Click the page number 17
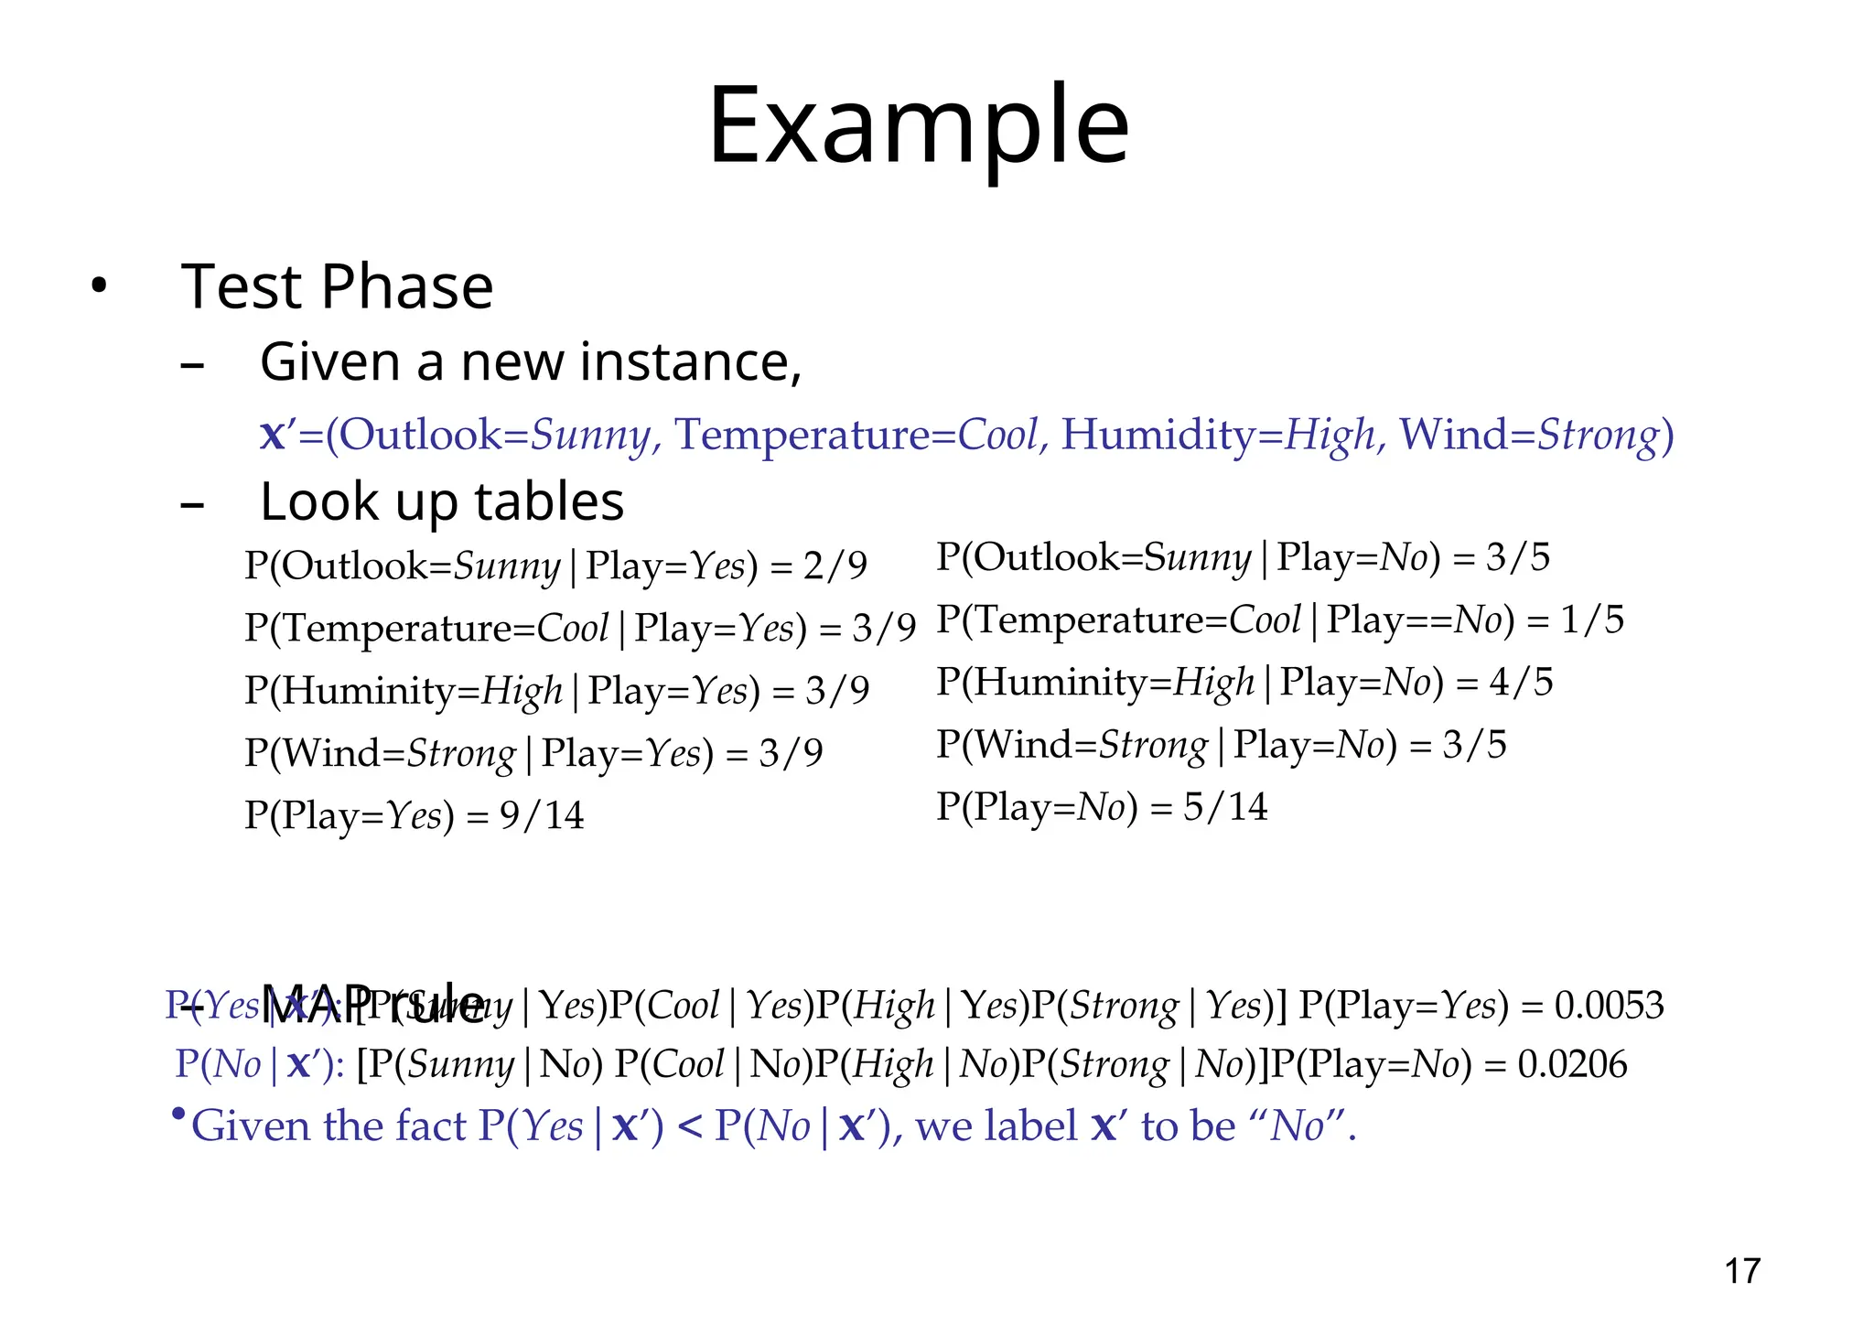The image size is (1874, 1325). tap(1742, 1271)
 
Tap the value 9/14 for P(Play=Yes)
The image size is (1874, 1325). tap(542, 815)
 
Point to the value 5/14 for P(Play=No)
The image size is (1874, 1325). tap(1225, 807)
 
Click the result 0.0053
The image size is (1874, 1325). tap(1610, 1006)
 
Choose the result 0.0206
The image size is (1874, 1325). tap(1573, 1064)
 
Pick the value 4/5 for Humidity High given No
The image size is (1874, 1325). tap(1522, 683)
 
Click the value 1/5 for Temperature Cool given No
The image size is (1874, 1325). tap(1592, 620)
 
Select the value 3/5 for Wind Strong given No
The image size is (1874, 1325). tap(1475, 745)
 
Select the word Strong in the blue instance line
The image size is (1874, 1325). tap(1598, 436)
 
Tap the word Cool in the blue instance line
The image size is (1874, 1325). tap(998, 435)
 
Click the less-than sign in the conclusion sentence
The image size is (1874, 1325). tap(690, 1126)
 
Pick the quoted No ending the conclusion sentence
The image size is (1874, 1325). tap(1298, 1126)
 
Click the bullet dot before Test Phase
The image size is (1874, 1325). tap(99, 287)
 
